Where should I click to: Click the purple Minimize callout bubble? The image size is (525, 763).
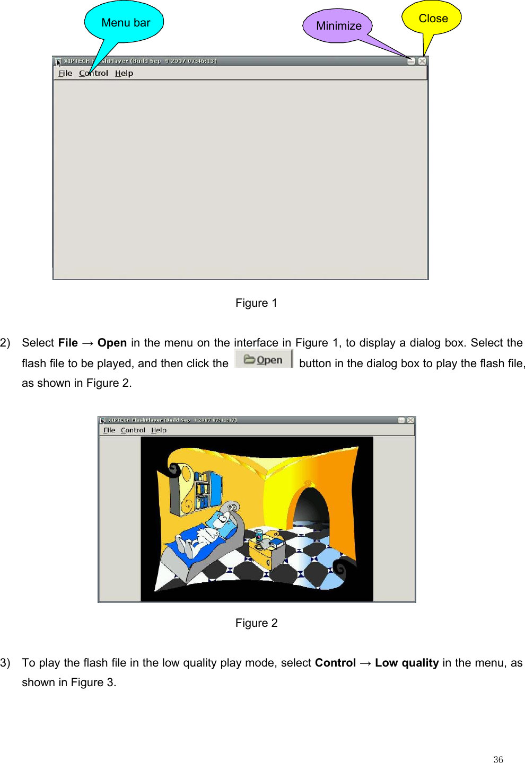pos(338,25)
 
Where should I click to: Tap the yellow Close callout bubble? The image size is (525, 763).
pos(432,18)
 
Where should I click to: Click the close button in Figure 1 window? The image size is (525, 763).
pos(422,61)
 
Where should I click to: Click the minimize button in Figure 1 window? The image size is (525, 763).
pos(411,61)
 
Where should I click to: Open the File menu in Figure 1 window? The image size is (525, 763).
pos(65,73)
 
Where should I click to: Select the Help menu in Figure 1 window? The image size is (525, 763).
pos(124,73)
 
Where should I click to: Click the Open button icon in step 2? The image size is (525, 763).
pos(264,359)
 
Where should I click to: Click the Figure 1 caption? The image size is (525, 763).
pos(256,303)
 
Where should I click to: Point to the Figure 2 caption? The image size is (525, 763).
pos(256,623)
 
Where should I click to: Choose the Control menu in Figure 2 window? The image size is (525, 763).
pos(133,430)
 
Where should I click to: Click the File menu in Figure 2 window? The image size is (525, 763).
pos(109,430)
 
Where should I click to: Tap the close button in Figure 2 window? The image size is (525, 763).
pos(410,420)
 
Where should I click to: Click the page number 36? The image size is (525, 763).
pos(498,759)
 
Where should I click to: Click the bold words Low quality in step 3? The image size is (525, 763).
pos(407,663)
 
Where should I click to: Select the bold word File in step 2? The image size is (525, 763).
pos(68,343)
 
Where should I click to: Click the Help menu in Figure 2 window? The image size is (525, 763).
pos(159,430)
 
